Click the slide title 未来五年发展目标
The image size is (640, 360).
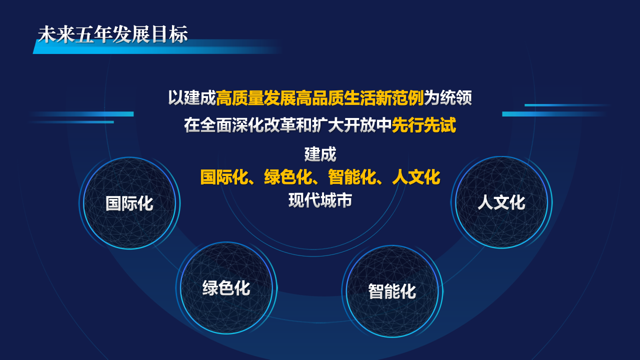[x=113, y=34]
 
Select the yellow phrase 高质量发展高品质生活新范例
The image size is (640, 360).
[x=320, y=97]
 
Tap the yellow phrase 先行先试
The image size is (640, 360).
[x=423, y=125]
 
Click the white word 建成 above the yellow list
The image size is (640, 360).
[x=320, y=154]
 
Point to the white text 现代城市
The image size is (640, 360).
[x=320, y=200]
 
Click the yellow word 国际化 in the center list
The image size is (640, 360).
[x=224, y=177]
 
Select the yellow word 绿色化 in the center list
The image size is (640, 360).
[x=288, y=177]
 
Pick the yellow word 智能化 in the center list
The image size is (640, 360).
[x=352, y=177]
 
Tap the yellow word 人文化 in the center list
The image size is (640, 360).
[x=416, y=177]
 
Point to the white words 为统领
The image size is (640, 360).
[x=447, y=97]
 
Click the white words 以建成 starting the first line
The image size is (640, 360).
[x=192, y=97]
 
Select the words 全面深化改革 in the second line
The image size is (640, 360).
[x=247, y=125]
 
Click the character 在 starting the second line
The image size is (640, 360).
[x=192, y=125]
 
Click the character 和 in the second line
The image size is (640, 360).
[x=304, y=125]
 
